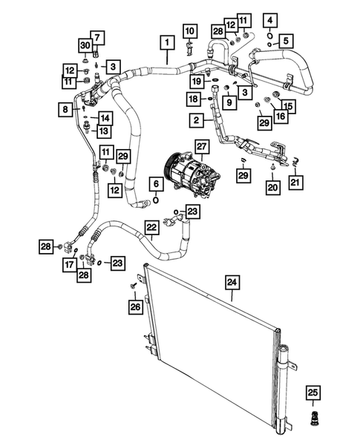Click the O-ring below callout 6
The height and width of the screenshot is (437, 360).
click(155, 199)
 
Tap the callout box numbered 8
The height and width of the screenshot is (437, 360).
click(66, 110)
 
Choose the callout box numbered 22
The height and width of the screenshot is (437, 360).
click(151, 226)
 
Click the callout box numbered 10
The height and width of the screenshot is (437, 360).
click(190, 30)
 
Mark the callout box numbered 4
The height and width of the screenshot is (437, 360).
click(269, 19)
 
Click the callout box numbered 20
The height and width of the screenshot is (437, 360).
click(274, 188)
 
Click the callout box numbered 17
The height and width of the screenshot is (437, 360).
click(69, 263)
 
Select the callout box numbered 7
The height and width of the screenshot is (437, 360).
click(96, 37)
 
